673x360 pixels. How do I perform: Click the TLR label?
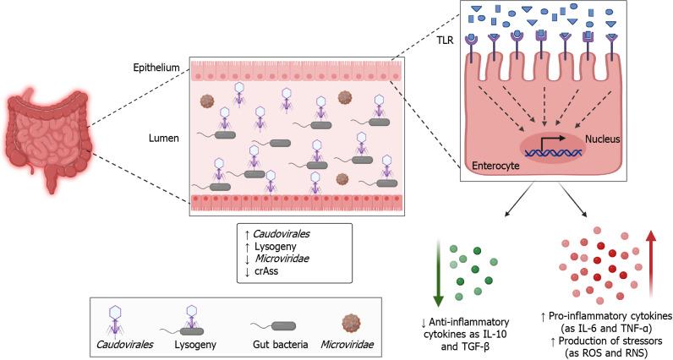click(446, 41)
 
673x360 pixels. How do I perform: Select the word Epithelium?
click(156, 68)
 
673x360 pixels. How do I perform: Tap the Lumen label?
click(164, 139)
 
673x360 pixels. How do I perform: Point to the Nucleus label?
click(603, 139)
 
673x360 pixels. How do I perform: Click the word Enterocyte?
click(495, 166)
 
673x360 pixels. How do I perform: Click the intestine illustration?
click(48, 140)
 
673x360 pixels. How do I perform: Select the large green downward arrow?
click(438, 273)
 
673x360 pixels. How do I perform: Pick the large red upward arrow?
click(651, 264)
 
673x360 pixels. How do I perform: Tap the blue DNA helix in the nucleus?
click(552, 152)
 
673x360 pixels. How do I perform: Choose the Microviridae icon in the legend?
click(353, 324)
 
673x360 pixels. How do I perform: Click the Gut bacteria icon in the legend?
click(273, 326)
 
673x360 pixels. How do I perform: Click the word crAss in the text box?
click(266, 271)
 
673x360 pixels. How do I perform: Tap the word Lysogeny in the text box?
click(275, 247)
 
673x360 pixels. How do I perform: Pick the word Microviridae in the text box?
click(282, 259)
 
